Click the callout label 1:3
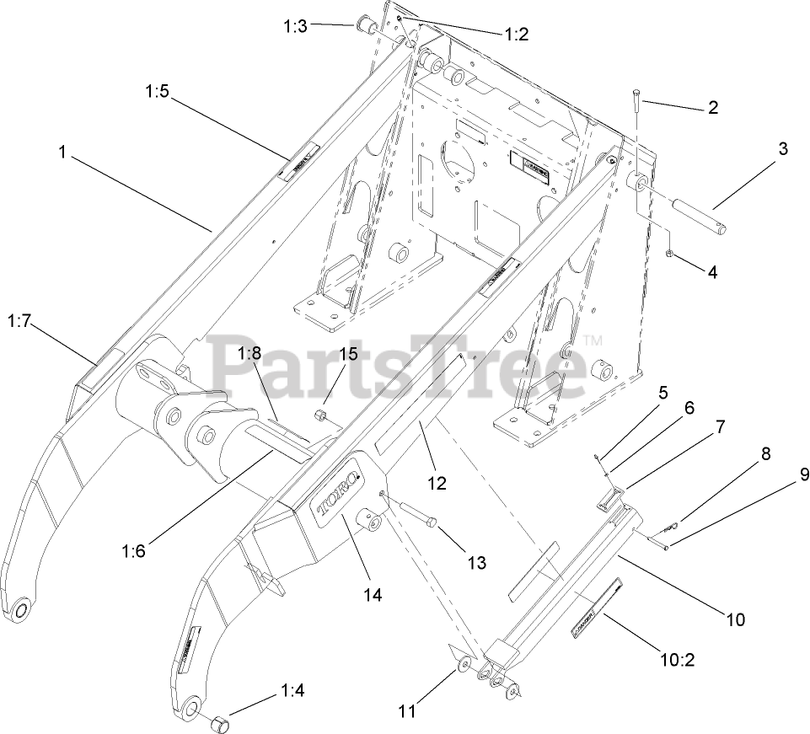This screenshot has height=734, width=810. point(296,26)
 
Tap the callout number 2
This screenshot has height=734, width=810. point(712,107)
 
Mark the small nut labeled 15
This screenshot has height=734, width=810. point(321,415)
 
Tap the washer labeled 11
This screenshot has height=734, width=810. point(463,667)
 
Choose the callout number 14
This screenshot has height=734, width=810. point(373,594)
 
